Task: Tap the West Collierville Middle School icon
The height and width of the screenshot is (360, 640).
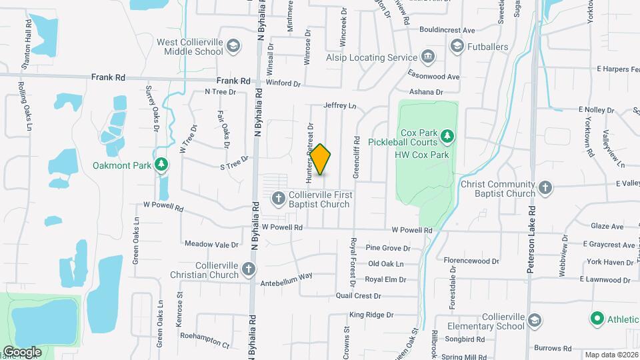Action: coord(233,46)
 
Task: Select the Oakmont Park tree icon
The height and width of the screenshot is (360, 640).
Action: coord(161,164)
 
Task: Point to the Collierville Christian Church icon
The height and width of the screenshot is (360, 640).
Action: coord(248,269)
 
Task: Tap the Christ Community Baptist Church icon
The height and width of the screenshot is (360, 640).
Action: coord(545,187)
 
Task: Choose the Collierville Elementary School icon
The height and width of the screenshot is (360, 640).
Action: coord(534,321)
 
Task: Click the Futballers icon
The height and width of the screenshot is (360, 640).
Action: coord(457,46)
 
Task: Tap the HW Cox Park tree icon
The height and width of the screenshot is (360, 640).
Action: coord(447,137)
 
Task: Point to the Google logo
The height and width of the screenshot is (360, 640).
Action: coord(21,351)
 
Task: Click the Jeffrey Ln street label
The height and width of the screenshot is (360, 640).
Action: coord(340,105)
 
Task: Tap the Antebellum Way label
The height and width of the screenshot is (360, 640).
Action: coord(287,275)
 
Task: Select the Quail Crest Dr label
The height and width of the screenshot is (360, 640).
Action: coord(359,295)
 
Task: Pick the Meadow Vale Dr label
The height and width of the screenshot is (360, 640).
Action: coord(211,244)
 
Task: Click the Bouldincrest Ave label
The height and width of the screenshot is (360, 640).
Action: coord(447,30)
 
